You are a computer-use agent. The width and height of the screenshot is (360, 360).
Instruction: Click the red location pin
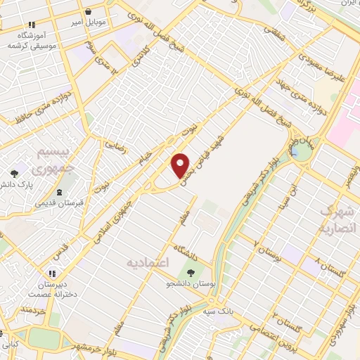(181, 165)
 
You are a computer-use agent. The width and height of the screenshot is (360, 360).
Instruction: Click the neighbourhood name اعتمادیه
(148, 262)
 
